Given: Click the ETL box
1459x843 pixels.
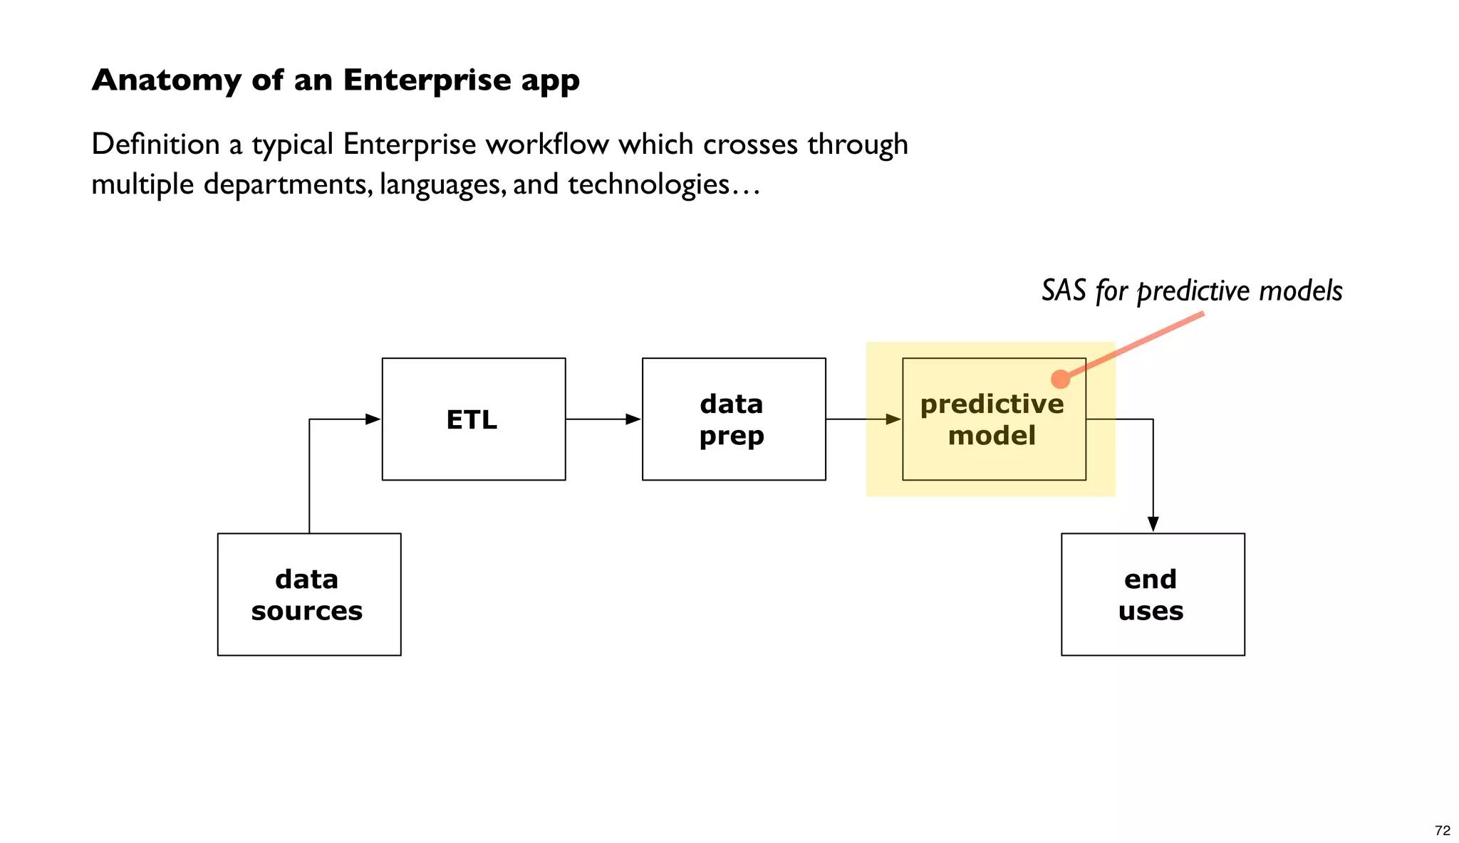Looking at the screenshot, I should (473, 419).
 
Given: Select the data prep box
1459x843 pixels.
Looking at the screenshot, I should (733, 419).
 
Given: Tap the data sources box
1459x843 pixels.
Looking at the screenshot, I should (308, 594).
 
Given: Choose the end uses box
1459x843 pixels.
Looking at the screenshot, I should (1152, 594).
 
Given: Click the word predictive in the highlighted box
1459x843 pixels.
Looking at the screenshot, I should (992, 404).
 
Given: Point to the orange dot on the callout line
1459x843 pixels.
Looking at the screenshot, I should (1060, 379).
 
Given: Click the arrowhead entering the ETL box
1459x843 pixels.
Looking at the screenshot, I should (373, 419).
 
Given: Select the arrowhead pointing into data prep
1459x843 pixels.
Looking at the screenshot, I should (633, 419).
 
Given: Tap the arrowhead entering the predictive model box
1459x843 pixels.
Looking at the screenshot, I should (893, 419).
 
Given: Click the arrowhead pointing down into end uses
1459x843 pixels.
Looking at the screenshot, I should (1153, 524).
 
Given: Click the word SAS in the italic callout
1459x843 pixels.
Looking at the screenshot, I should (1064, 290).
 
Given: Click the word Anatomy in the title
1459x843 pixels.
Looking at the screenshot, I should (166, 80).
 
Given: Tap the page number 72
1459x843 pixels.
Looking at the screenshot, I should (1442, 830).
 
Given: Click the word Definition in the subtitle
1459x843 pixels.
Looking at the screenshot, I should (155, 145).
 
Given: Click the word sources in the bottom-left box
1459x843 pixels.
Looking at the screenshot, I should (307, 611).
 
